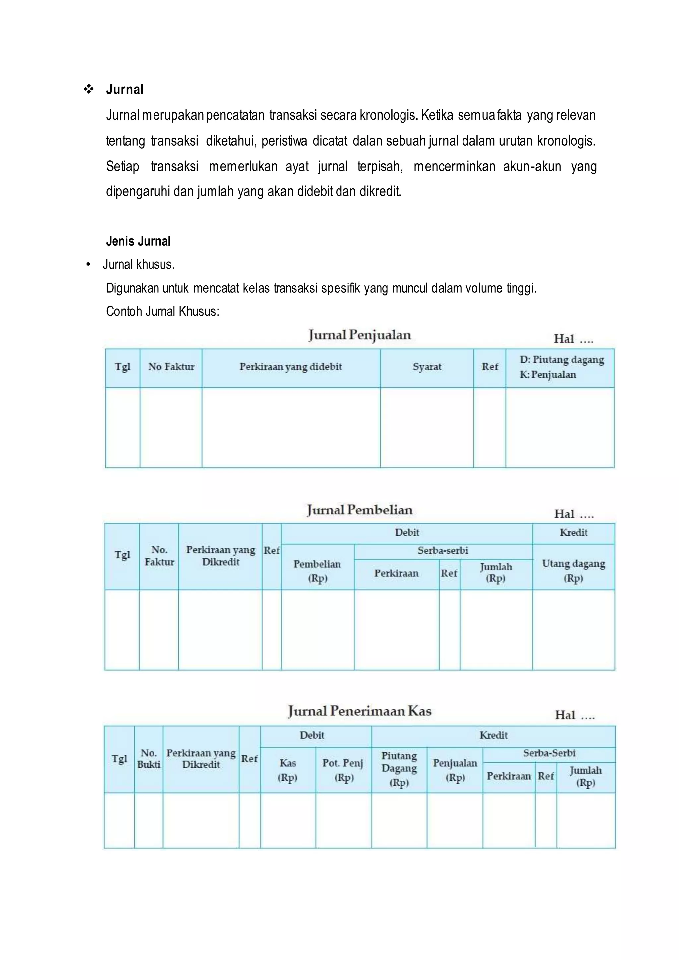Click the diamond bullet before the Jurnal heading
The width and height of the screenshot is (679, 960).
(x=89, y=89)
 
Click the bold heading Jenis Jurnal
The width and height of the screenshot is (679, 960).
(x=138, y=241)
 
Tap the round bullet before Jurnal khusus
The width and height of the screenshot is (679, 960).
(x=88, y=265)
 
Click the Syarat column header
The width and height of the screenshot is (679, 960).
(x=427, y=367)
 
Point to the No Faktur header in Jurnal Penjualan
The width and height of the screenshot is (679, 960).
(x=171, y=367)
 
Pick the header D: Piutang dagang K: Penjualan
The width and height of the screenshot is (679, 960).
(x=560, y=367)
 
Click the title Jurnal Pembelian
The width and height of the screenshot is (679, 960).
(x=360, y=510)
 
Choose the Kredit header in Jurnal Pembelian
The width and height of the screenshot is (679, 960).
(x=573, y=533)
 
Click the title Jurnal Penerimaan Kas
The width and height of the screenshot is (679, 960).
(x=360, y=711)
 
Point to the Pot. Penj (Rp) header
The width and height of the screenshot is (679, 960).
(x=343, y=770)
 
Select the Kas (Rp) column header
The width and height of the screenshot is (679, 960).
(x=288, y=770)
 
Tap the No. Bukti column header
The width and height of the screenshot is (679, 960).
(x=149, y=759)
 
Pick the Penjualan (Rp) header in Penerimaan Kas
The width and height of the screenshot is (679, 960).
(x=455, y=770)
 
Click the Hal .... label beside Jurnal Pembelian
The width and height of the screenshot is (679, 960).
(x=574, y=514)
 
